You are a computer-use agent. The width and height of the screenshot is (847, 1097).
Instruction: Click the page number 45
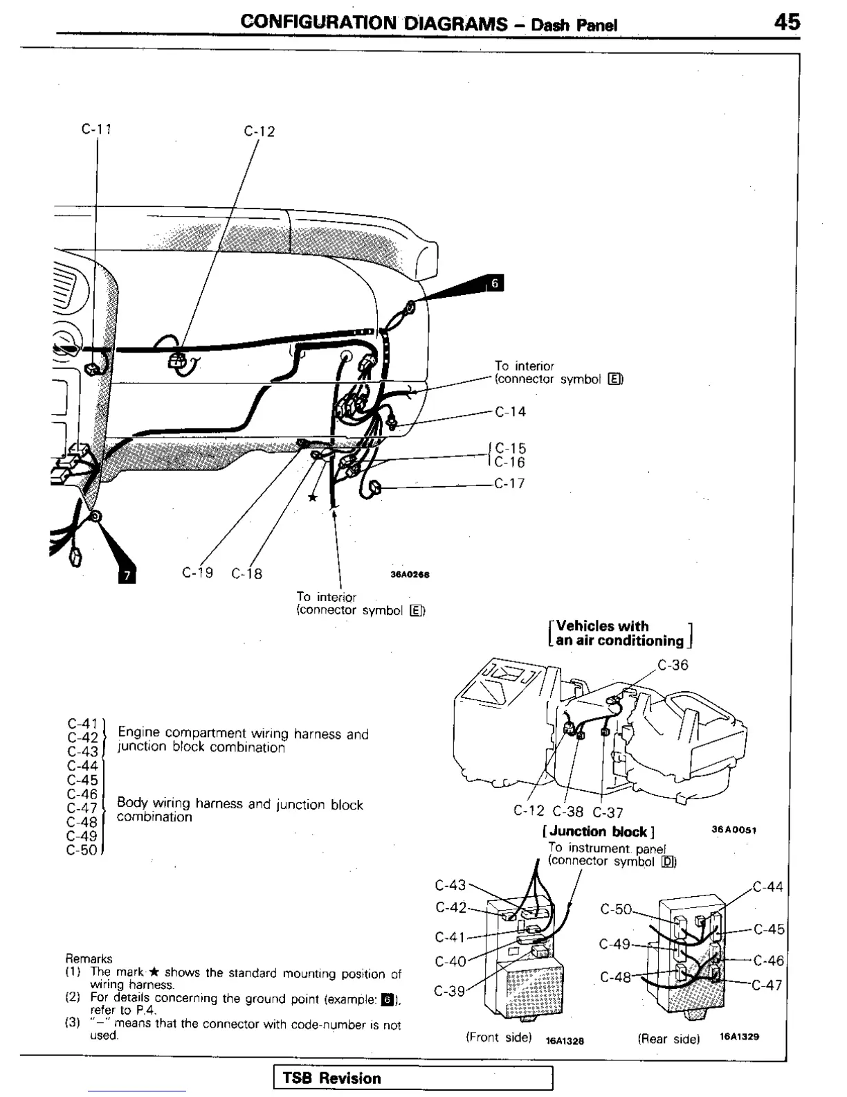(787, 22)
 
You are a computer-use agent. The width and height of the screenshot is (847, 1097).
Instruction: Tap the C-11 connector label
(96, 129)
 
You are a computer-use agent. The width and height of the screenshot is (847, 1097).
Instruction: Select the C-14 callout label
(511, 412)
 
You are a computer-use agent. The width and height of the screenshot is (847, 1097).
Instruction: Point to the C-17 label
(510, 483)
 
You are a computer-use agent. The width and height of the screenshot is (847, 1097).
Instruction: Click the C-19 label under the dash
(197, 573)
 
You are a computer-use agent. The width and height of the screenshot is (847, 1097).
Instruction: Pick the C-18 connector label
(247, 573)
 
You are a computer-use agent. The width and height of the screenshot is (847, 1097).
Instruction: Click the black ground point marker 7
(125, 574)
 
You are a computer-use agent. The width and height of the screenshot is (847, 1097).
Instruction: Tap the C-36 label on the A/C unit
(673, 665)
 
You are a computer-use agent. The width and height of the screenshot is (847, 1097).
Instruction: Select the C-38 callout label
(568, 812)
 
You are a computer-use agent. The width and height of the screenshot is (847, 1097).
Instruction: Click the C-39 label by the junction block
(449, 991)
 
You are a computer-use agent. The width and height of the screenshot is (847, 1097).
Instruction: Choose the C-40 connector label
(450, 962)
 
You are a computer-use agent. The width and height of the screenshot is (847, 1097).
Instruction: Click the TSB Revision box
(413, 1078)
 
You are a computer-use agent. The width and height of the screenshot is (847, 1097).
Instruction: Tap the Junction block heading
(599, 832)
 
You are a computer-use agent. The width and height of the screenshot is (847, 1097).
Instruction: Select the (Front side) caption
(498, 1037)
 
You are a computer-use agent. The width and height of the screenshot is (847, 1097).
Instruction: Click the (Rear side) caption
(668, 1038)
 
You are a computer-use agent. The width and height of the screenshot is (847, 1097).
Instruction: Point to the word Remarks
(89, 959)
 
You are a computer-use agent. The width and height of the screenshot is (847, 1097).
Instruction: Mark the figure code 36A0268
(410, 574)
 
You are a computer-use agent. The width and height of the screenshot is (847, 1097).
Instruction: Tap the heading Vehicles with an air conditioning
(620, 633)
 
